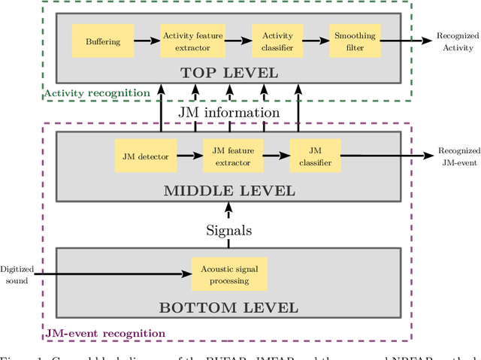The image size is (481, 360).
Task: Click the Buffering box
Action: coord(102,41)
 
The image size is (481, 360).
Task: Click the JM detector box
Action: coord(145,156)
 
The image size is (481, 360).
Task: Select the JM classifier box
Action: coord(316,156)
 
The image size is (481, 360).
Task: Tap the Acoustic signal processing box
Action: coord(229,275)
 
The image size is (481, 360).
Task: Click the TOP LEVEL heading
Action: coord(230,73)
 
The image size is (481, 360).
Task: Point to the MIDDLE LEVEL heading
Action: coord(229,190)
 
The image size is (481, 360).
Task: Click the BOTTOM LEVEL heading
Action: coord(229,307)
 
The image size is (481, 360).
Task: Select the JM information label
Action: coord(228,112)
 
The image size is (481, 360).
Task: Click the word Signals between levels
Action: coord(229,230)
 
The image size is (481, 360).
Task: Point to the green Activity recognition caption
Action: coord(97,93)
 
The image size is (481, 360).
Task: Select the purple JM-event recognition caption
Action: coord(105,333)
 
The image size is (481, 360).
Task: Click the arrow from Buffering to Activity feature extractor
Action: coord(147,41)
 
